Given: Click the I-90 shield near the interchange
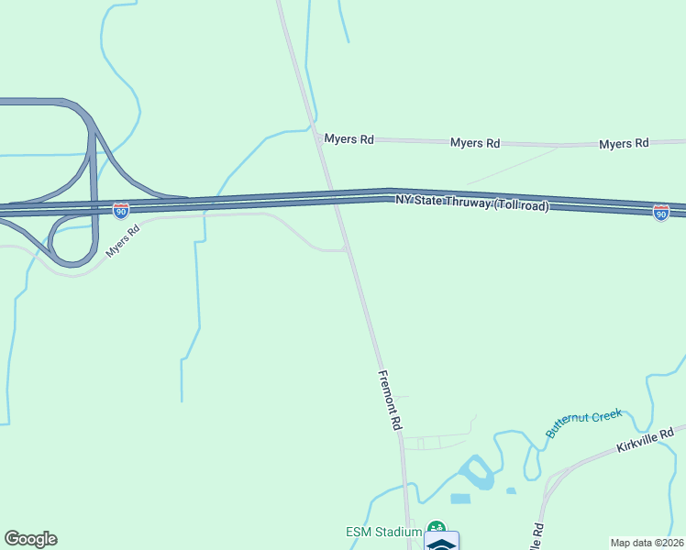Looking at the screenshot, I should (x=120, y=211).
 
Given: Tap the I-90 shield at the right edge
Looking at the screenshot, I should (x=661, y=213).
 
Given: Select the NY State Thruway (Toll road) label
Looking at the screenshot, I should (x=472, y=203).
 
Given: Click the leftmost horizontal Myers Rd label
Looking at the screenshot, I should (x=349, y=139).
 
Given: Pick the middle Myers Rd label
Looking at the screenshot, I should (x=475, y=143).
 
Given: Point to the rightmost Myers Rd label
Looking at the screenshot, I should (x=624, y=143).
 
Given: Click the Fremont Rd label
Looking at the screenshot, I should (x=390, y=401).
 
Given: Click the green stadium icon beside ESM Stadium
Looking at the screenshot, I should (x=437, y=529).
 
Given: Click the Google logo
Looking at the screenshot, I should (x=30, y=539).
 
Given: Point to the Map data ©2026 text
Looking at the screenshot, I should (x=647, y=543).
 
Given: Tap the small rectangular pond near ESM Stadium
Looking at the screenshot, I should (x=460, y=499).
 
